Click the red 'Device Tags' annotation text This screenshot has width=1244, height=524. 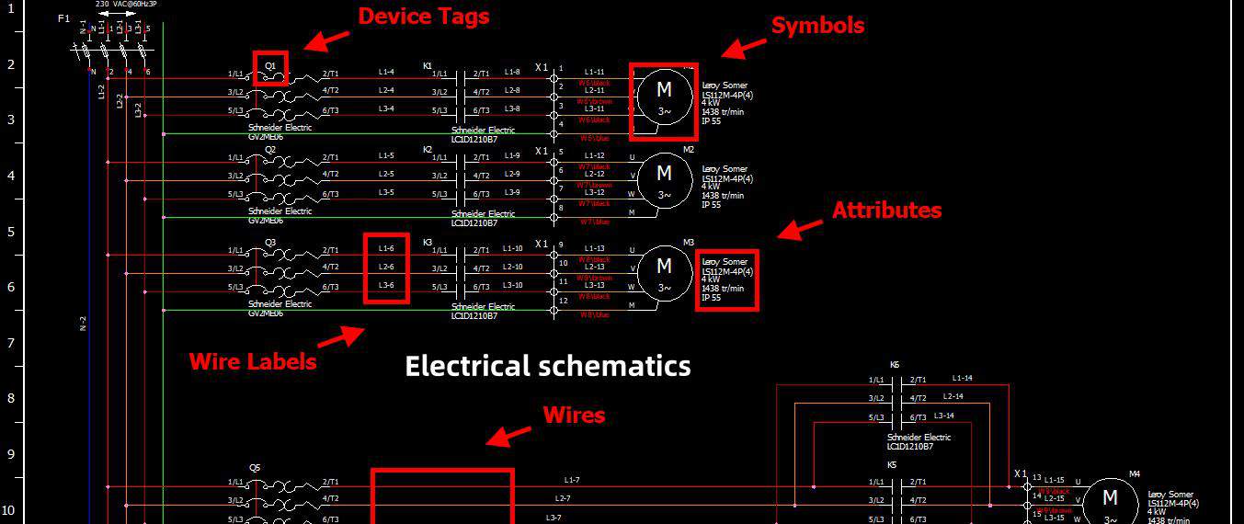(423, 17)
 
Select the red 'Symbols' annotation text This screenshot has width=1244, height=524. (816, 26)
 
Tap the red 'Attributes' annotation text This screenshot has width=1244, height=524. (886, 211)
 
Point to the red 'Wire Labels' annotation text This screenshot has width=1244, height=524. (253, 361)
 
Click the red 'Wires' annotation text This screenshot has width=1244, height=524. (574, 416)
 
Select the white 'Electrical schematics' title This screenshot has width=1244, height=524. (548, 366)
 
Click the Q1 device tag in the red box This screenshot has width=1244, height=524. (270, 67)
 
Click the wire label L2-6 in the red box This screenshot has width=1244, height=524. (386, 267)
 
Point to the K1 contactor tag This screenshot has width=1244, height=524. (428, 66)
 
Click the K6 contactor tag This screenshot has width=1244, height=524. (895, 365)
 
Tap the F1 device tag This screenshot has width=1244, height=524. (63, 18)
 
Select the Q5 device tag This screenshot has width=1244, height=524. (255, 467)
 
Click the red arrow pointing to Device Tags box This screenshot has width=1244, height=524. (326, 40)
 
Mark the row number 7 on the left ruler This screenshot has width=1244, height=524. (11, 342)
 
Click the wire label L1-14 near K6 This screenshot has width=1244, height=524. (963, 378)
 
